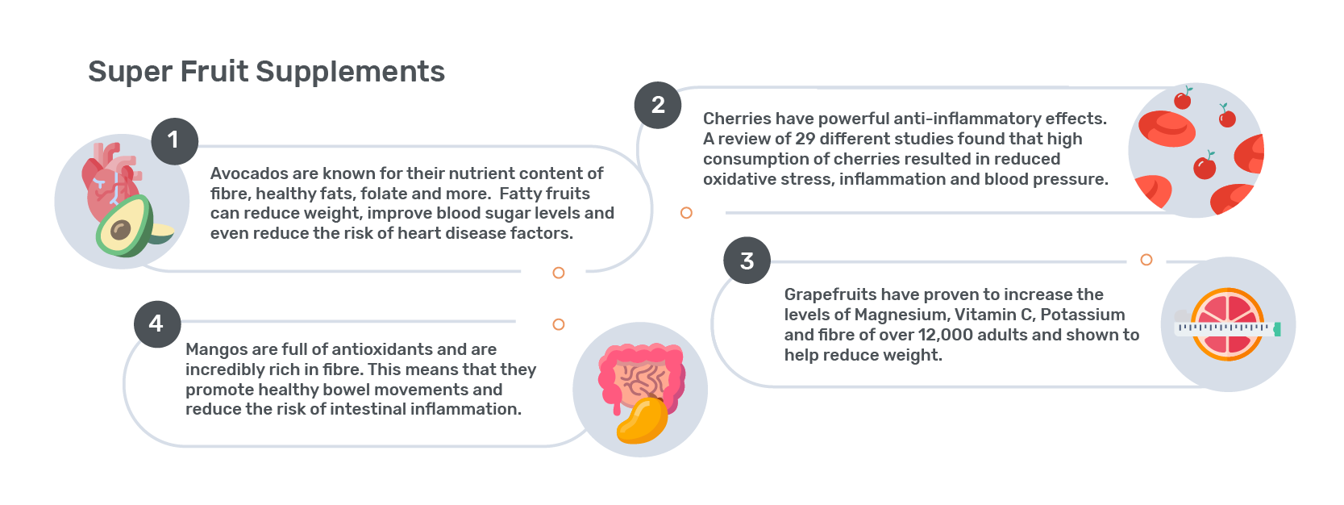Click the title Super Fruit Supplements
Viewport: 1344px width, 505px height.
coord(266,72)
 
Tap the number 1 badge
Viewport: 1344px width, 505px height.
coord(175,141)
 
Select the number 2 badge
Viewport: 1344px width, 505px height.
coord(658,105)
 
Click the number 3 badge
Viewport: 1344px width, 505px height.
coord(747,261)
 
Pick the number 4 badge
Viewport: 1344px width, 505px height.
coord(157,324)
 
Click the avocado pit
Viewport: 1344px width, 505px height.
coord(121,230)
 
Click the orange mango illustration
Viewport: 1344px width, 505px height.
coord(643,420)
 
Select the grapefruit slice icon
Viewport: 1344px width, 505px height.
coord(1228,324)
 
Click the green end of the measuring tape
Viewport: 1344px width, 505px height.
coord(1277,328)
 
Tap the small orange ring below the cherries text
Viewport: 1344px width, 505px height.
coord(686,213)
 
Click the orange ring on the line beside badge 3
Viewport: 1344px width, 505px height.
coord(1146,260)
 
